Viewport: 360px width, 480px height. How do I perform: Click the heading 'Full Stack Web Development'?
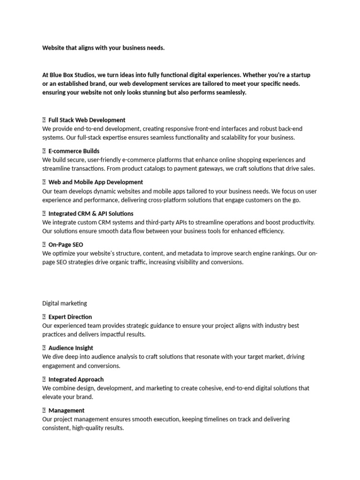click(x=87, y=120)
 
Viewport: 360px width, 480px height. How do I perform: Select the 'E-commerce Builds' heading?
click(x=74, y=151)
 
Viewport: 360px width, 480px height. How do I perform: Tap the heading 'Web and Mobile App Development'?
click(x=96, y=182)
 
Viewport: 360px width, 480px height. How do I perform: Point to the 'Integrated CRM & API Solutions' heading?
click(x=91, y=213)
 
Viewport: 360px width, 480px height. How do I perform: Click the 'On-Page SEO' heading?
click(x=66, y=244)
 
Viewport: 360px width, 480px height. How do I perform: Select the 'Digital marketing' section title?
click(x=65, y=303)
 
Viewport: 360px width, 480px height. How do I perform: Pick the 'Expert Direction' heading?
click(x=70, y=317)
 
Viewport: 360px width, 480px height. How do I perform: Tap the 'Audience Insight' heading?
click(x=70, y=348)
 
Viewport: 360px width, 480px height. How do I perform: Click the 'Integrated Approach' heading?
click(x=76, y=379)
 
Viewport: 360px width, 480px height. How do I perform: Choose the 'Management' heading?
click(x=66, y=410)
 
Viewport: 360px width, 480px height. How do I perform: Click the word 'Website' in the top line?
click(x=54, y=48)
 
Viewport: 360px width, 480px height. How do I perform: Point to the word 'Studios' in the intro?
click(x=78, y=75)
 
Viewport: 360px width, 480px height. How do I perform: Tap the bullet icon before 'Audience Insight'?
click(x=44, y=348)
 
